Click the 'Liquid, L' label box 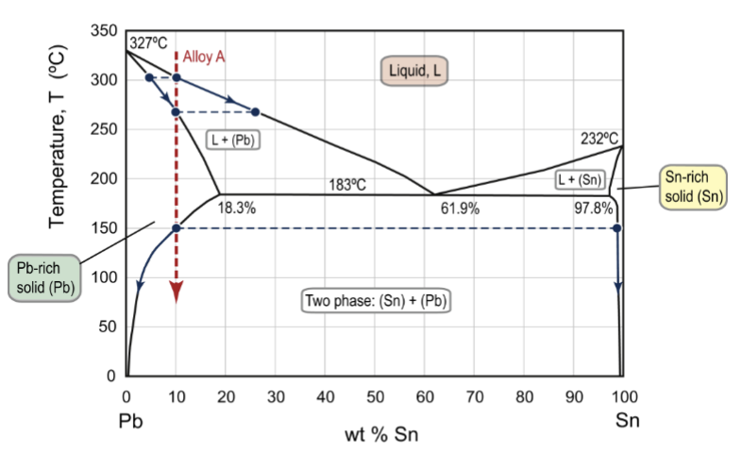point(413,71)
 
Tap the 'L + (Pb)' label point(233,140)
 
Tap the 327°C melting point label point(148,42)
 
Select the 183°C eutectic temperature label point(347,184)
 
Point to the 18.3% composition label point(237,209)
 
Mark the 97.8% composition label point(593,209)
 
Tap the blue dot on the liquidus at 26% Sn point(255,112)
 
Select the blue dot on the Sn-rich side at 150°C point(616,228)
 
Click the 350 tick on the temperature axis point(104,31)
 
